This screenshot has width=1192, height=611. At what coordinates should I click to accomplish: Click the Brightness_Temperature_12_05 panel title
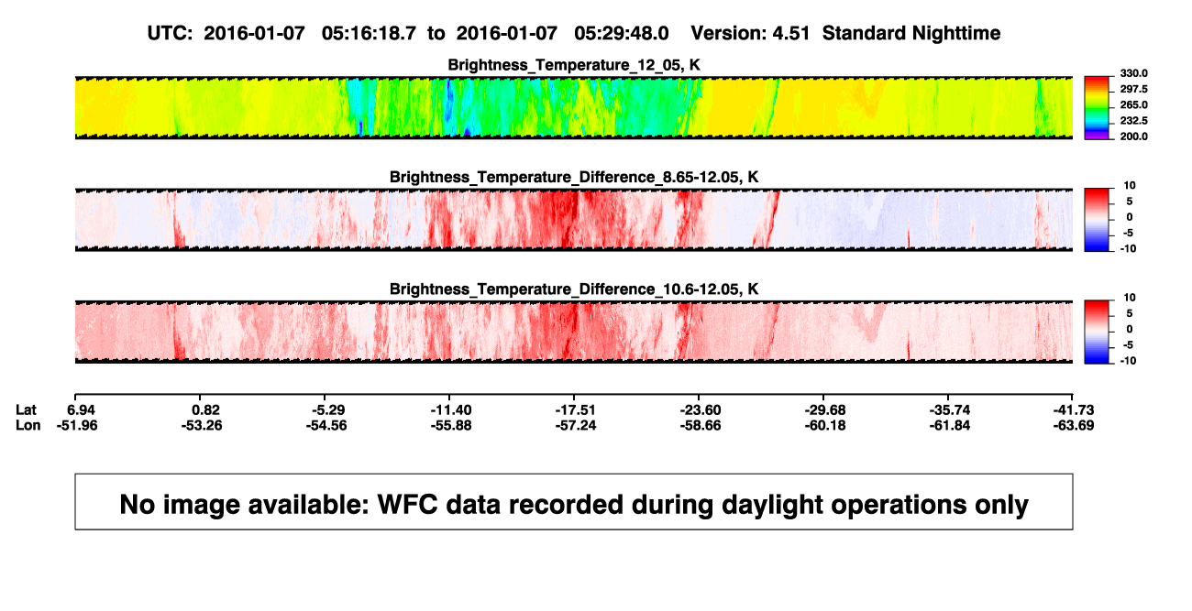coord(574,65)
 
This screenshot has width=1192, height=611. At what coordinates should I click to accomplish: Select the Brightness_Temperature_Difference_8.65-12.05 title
coord(574,177)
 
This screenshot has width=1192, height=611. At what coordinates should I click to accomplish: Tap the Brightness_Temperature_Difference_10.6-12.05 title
coord(574,289)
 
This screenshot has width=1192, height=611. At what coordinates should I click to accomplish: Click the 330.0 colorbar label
coord(1133,73)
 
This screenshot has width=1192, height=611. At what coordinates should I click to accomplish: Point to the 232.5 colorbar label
coord(1133,121)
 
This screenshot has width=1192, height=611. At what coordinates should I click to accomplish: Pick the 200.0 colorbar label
coord(1133,136)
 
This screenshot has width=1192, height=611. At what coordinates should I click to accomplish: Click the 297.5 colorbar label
coord(1133,89)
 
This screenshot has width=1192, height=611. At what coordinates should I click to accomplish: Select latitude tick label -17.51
coord(575,410)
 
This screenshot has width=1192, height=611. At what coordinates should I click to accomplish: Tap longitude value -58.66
coord(701,425)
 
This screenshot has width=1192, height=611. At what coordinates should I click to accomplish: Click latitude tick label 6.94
coord(81,410)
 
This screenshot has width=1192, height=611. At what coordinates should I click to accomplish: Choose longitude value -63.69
coord(1074,425)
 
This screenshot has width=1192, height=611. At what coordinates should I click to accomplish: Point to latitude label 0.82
coord(206,410)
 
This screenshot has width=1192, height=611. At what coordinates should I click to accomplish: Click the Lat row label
coord(26,410)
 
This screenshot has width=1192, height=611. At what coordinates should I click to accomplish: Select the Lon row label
coord(28,425)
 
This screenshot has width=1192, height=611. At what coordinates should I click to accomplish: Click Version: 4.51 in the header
coord(750,34)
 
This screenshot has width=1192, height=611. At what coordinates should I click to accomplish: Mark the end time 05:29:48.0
coord(622,34)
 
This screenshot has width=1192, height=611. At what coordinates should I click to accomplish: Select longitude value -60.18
coord(825,425)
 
